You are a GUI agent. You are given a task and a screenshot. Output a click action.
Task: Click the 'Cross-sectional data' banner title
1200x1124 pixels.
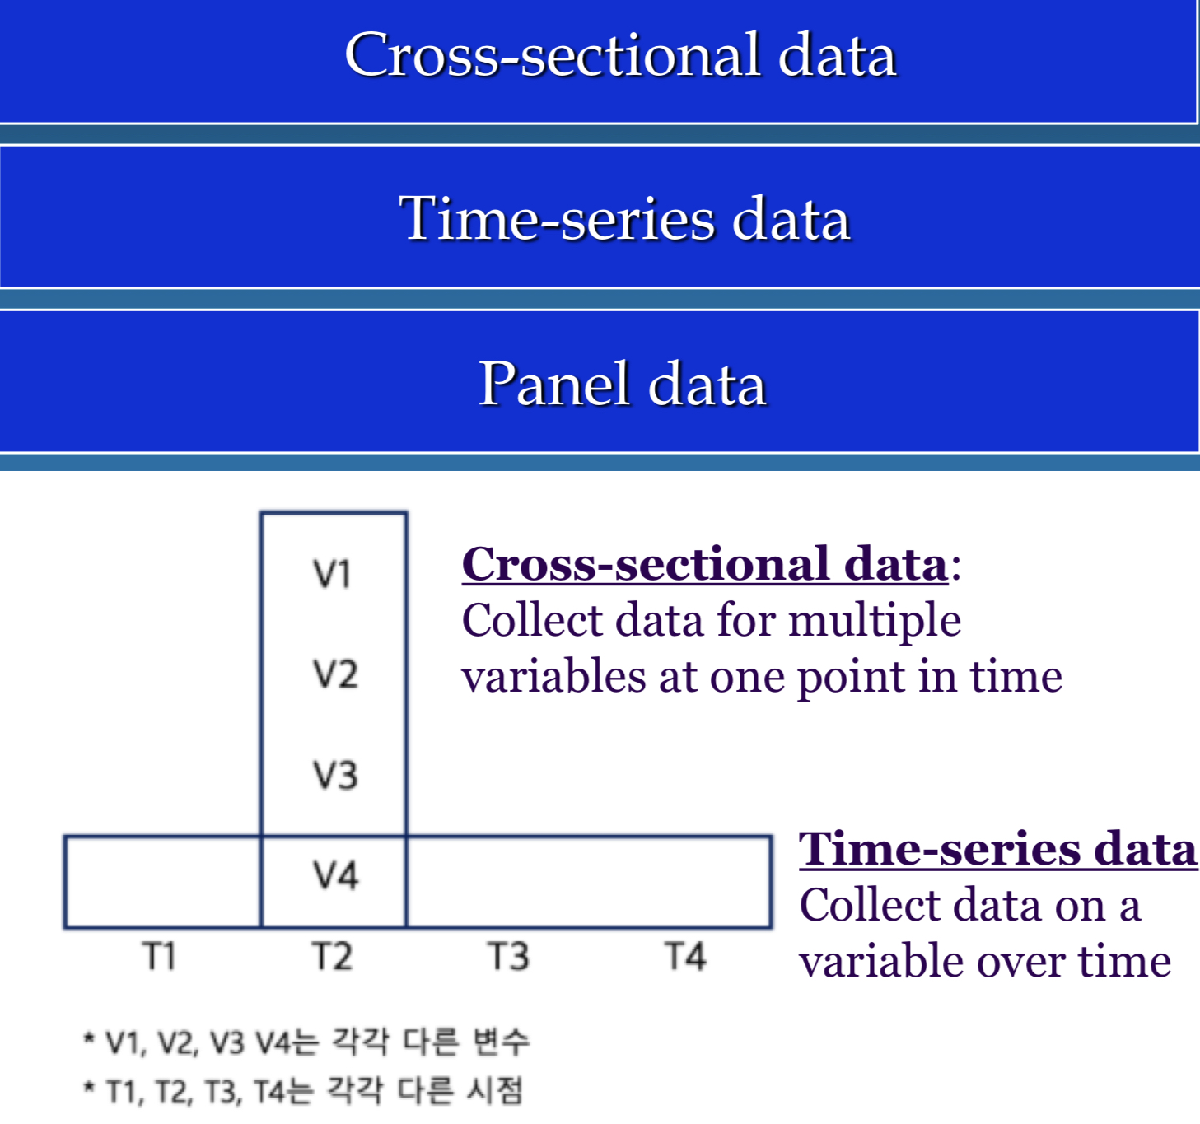[x=620, y=55]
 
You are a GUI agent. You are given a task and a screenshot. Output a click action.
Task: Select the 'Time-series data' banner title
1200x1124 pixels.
[x=624, y=219]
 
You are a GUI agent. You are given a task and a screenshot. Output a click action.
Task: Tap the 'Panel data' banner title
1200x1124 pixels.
[x=623, y=384]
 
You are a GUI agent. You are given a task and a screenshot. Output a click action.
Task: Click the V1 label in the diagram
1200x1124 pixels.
[x=333, y=574]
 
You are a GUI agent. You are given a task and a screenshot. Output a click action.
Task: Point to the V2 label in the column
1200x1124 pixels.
[x=334, y=674]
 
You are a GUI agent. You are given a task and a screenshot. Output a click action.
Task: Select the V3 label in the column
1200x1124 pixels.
[x=334, y=776]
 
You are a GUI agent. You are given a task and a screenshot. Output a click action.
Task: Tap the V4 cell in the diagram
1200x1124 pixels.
[x=334, y=875]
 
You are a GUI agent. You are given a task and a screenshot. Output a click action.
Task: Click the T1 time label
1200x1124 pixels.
[x=159, y=957]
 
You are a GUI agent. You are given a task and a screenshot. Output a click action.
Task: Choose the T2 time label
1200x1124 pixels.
[x=332, y=957]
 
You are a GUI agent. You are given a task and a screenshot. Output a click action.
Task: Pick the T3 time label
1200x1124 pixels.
[x=508, y=957]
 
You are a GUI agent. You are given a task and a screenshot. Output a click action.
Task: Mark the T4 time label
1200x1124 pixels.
[x=685, y=957]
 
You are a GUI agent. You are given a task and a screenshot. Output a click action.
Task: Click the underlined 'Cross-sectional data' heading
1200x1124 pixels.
[x=704, y=565]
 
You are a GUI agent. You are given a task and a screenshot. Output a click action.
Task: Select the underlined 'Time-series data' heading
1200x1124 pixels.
[x=997, y=850]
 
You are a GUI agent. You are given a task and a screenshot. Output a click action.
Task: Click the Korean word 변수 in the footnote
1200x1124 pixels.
[x=501, y=1042]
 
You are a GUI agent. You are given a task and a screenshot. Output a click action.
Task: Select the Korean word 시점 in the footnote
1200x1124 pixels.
[x=494, y=1091]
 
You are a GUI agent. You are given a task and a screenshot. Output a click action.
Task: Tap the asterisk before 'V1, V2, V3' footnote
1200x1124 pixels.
[x=89, y=1039]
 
